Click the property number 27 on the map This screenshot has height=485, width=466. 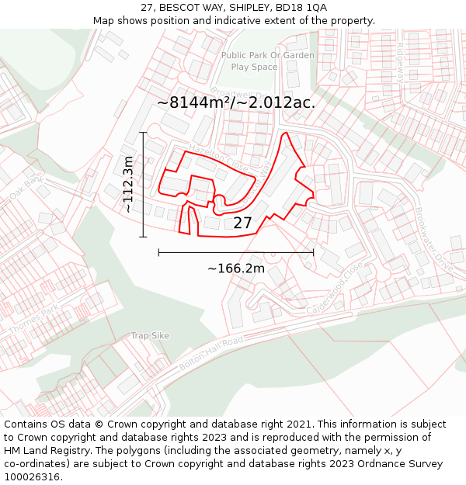pyautogui.click(x=242, y=223)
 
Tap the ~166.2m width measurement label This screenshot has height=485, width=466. pyautogui.click(x=236, y=268)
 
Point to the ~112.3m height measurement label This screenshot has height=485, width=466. pyautogui.click(x=128, y=184)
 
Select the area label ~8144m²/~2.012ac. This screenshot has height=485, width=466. pyautogui.click(x=235, y=102)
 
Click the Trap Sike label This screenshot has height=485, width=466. pyautogui.click(x=150, y=335)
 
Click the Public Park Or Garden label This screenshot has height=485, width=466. pyautogui.click(x=268, y=55)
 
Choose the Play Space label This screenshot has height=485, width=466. pyautogui.click(x=254, y=67)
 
